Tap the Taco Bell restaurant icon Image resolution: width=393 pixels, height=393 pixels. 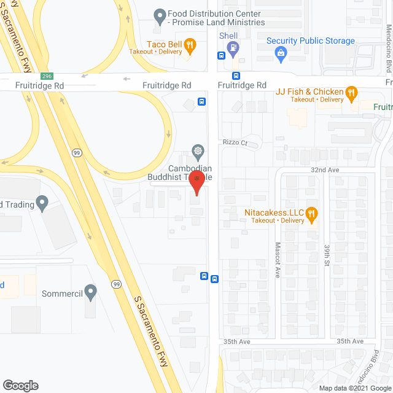(190, 44)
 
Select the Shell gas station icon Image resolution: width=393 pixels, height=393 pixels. (232, 47)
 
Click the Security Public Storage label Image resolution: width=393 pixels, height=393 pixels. (310, 41)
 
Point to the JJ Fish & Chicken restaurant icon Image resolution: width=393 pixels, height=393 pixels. (351, 92)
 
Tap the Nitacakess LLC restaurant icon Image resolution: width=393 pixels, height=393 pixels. (312, 213)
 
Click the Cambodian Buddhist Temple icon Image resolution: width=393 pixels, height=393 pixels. (198, 150)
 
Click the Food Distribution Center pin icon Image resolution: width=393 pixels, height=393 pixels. (160, 14)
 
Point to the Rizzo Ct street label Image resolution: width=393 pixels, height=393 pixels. (235, 143)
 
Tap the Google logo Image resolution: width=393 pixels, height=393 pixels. (20, 385)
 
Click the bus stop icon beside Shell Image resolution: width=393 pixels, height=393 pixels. (221, 55)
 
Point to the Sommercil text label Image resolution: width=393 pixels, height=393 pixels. (62, 294)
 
